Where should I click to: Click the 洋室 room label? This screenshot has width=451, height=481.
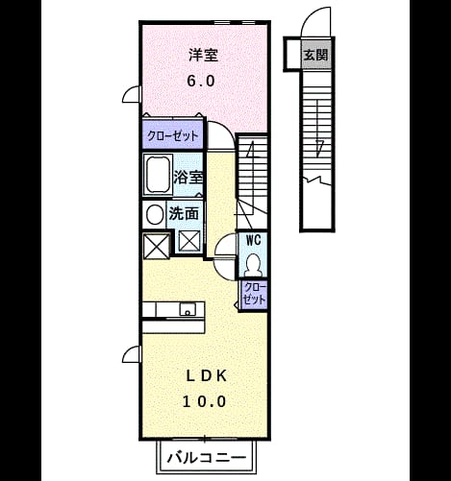pyautogui.click(x=203, y=55)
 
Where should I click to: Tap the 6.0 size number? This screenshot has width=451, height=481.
pyautogui.click(x=201, y=81)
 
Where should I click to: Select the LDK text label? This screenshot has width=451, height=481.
pyautogui.click(x=207, y=376)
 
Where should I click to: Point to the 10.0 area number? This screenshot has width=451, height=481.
pyautogui.click(x=205, y=401)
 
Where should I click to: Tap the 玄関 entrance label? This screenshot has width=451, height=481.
pyautogui.click(x=315, y=55)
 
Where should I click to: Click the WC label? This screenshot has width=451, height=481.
pyautogui.click(x=253, y=240)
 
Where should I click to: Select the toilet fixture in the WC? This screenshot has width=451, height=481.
pyautogui.click(x=253, y=265)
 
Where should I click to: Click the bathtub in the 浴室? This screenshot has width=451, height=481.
pyautogui.click(x=157, y=175)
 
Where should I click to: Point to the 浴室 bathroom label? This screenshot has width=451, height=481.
pyautogui.click(x=188, y=177)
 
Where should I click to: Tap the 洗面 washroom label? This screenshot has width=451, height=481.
pyautogui.click(x=184, y=213)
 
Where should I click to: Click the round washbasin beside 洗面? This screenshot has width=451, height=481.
pyautogui.click(x=155, y=214)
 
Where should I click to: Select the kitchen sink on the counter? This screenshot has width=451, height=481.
pyautogui.click(x=188, y=309)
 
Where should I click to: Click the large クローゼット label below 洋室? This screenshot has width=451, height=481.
pyautogui.click(x=173, y=136)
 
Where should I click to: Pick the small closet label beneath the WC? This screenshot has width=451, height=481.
pyautogui.click(x=254, y=294)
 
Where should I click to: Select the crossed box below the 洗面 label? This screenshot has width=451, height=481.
pyautogui.click(x=189, y=241)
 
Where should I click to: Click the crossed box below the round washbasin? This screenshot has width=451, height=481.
pyautogui.click(x=156, y=247)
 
